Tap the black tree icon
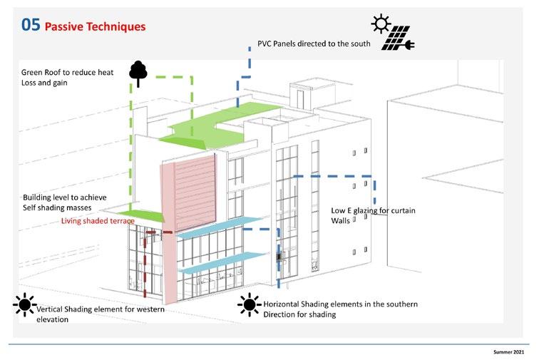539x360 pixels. pyautogui.click(x=137, y=73)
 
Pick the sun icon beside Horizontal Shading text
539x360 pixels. pyautogui.click(x=249, y=305)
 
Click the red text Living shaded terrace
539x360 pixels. pyautogui.click(x=97, y=221)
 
